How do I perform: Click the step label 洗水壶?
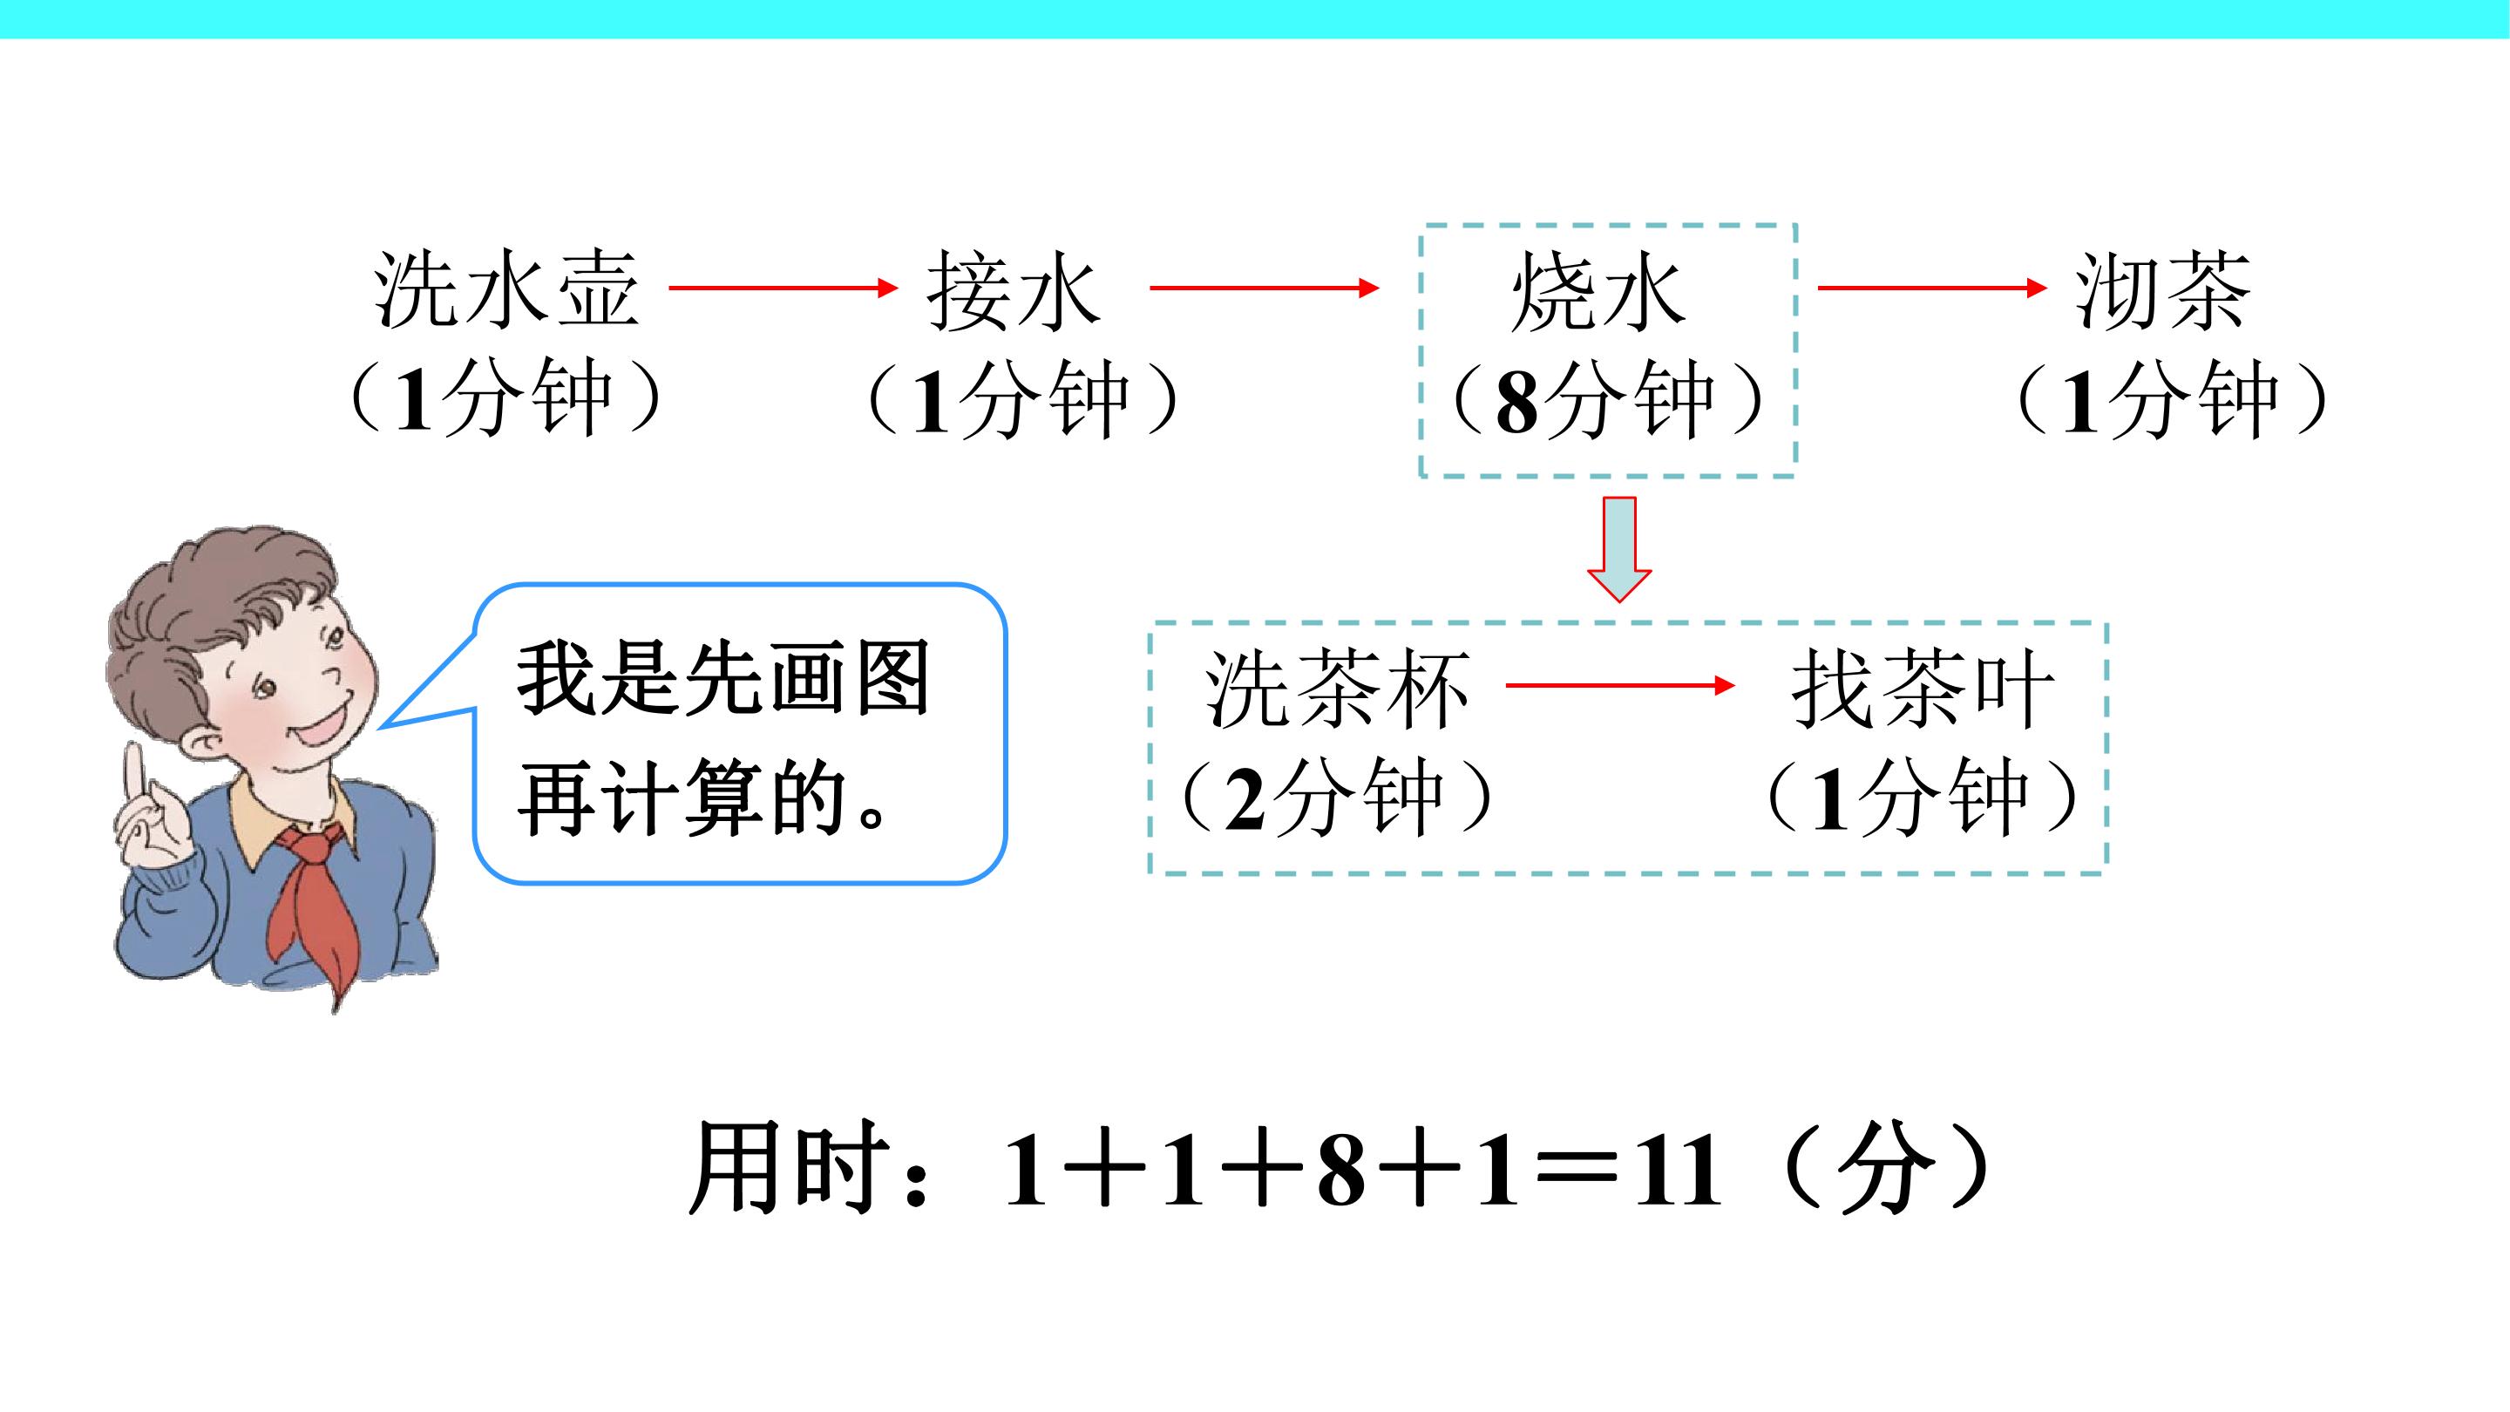point(506,289)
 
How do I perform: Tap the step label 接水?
point(1014,289)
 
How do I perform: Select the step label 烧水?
point(1598,290)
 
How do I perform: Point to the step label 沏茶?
point(2162,289)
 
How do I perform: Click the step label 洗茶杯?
point(1337,688)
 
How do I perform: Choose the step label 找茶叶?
point(1923,688)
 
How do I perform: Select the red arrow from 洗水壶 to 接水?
point(784,288)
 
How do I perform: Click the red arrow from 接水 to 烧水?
point(1265,288)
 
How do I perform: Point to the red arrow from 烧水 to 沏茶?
point(1932,288)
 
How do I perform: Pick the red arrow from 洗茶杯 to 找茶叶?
point(1620,686)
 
